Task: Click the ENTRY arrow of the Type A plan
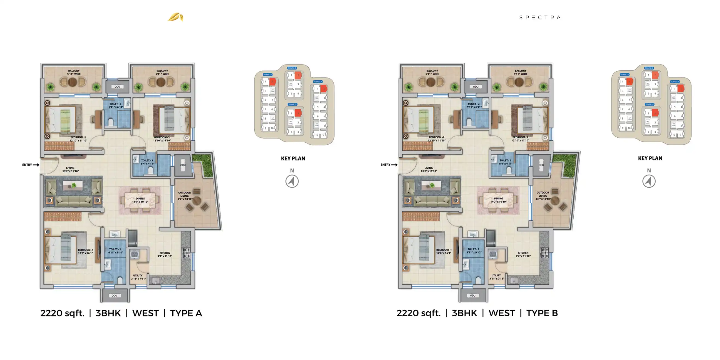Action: [x=36, y=165]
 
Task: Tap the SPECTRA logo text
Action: [x=540, y=17]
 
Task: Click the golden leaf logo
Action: [x=176, y=17]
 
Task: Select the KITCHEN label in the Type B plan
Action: [x=523, y=254]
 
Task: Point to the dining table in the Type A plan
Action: [x=140, y=200]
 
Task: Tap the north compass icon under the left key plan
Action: [x=292, y=181]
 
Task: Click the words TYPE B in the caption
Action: [x=542, y=313]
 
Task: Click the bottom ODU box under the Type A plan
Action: [x=114, y=296]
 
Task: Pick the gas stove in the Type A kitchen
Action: [x=187, y=253]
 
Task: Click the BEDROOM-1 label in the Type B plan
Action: [x=444, y=251]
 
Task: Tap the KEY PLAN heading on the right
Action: [x=650, y=158]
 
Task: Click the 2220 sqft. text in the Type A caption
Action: [x=62, y=313]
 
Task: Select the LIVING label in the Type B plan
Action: [x=429, y=169]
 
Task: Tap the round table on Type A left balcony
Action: [x=72, y=82]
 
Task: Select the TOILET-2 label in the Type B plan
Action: [x=474, y=105]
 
